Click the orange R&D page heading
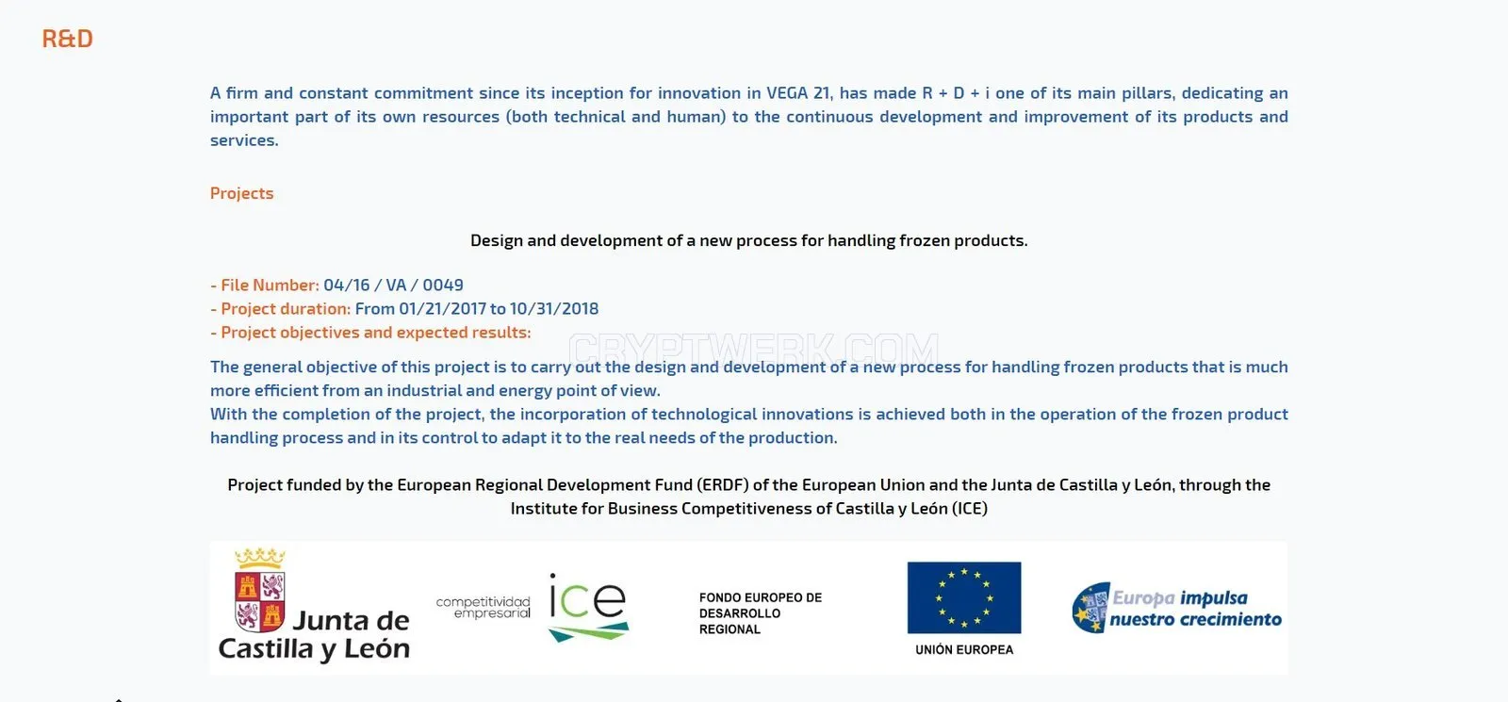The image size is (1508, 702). [67, 39]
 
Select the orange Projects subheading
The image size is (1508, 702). [241, 193]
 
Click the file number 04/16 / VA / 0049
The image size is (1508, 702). [393, 285]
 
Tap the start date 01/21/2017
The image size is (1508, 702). [442, 308]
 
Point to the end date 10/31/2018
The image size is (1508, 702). [554, 308]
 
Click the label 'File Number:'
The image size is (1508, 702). [270, 285]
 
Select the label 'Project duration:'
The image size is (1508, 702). [286, 308]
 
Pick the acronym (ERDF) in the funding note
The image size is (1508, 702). [722, 484]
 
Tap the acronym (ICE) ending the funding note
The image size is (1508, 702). [970, 508]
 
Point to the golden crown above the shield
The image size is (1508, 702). [260, 558]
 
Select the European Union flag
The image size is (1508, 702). [964, 597]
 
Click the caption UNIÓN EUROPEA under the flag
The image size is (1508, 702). [964, 649]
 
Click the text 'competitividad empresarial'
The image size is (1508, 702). [484, 607]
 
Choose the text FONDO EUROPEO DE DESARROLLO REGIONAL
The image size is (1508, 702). [760, 613]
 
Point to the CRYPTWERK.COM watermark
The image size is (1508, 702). [753, 350]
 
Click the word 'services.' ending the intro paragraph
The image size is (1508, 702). [244, 140]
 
